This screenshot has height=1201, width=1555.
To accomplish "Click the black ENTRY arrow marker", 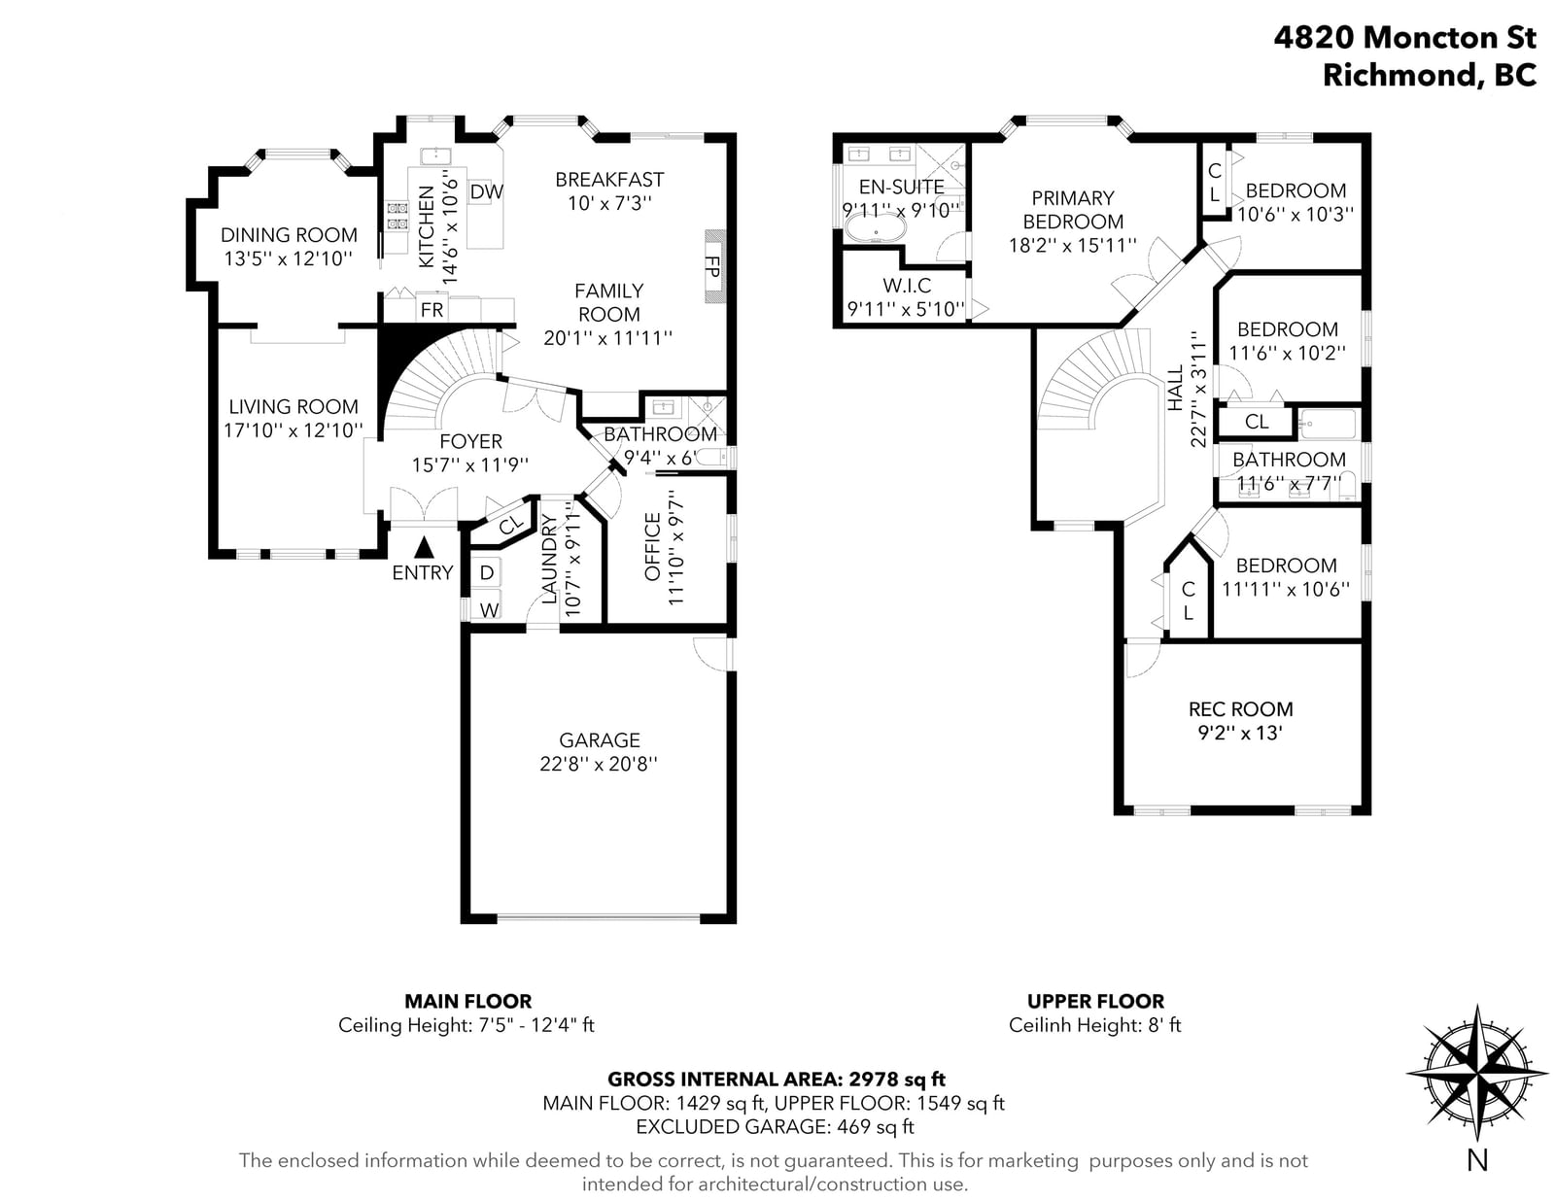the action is pyautogui.click(x=424, y=547).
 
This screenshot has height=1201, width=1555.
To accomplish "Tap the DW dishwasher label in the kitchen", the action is pyautogui.click(x=487, y=191).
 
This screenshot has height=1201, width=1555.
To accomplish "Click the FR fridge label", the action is pyautogui.click(x=432, y=310).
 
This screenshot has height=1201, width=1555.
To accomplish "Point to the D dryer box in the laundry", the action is pyautogui.click(x=486, y=572).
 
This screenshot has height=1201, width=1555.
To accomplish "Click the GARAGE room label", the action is pyautogui.click(x=599, y=739).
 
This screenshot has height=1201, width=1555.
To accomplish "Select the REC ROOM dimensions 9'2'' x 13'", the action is pyautogui.click(x=1239, y=733).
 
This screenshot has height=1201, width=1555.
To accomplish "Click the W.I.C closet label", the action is pyautogui.click(x=907, y=286).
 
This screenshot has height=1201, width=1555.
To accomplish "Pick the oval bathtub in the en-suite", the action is pyautogui.click(x=876, y=229).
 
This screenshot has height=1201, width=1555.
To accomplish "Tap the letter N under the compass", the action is pyautogui.click(x=1477, y=1160).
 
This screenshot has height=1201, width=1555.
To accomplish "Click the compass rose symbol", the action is pyautogui.click(x=1477, y=1074).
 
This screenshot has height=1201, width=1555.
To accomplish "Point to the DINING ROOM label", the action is pyautogui.click(x=289, y=234).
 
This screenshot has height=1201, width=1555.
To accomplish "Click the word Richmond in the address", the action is pyautogui.click(x=1399, y=75).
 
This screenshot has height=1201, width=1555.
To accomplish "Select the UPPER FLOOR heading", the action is pyautogui.click(x=1095, y=1001).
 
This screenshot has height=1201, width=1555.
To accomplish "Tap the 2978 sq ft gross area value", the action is pyautogui.click(x=897, y=1079).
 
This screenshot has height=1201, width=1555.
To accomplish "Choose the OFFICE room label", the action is pyautogui.click(x=652, y=546).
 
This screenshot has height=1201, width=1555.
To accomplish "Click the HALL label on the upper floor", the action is pyautogui.click(x=1175, y=389).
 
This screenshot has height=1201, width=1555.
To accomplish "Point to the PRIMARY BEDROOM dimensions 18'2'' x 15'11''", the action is pyautogui.click(x=1072, y=246).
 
